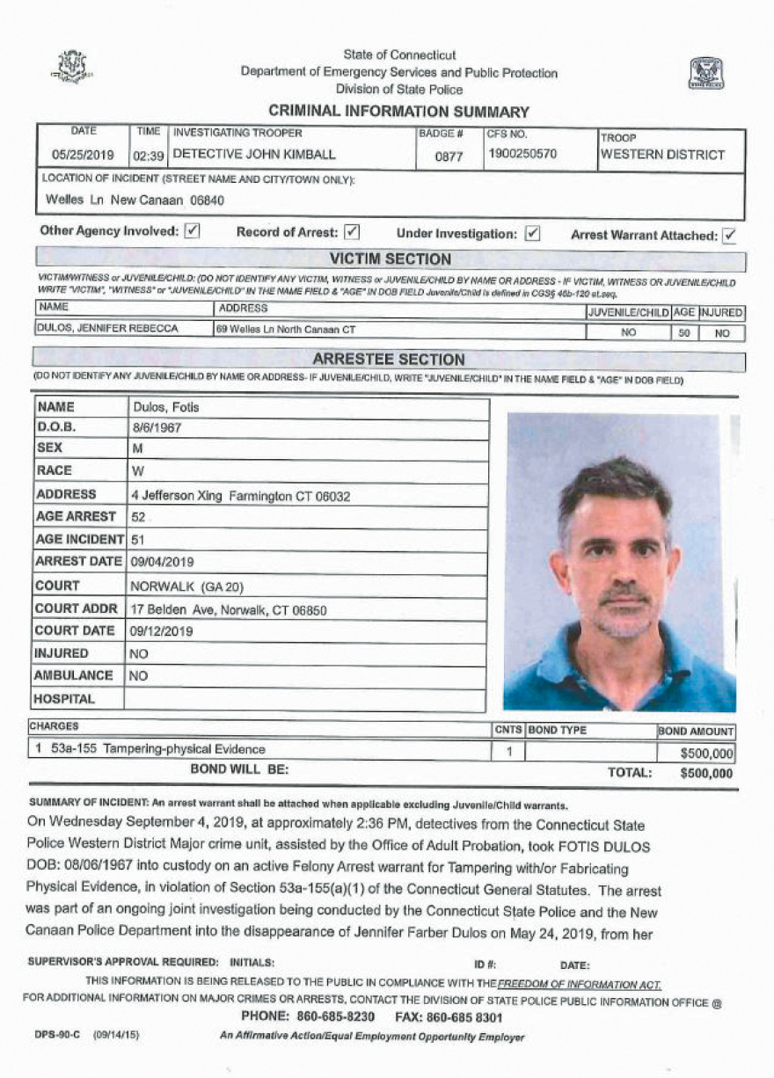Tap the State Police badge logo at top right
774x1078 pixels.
pyautogui.click(x=705, y=73)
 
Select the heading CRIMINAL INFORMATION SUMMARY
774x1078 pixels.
pyautogui.click(x=398, y=112)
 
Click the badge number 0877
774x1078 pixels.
pyautogui.click(x=449, y=156)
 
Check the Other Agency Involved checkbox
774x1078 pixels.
pyautogui.click(x=193, y=232)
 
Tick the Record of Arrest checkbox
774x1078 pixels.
pyautogui.click(x=351, y=233)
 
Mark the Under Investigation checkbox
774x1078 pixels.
pyautogui.click(x=532, y=234)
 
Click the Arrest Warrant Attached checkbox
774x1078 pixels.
pyautogui.click(x=729, y=235)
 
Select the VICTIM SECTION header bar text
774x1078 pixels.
pyautogui.click(x=390, y=259)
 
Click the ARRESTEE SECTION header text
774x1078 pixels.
pyautogui.click(x=389, y=360)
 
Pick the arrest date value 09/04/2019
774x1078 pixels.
pyautogui.click(x=163, y=562)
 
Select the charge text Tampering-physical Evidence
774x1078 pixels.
pyautogui.click(x=184, y=749)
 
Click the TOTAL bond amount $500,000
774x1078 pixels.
pyautogui.click(x=705, y=774)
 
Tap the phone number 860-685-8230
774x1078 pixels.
pyautogui.click(x=325, y=1017)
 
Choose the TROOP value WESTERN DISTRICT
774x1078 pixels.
pyautogui.click(x=662, y=155)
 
